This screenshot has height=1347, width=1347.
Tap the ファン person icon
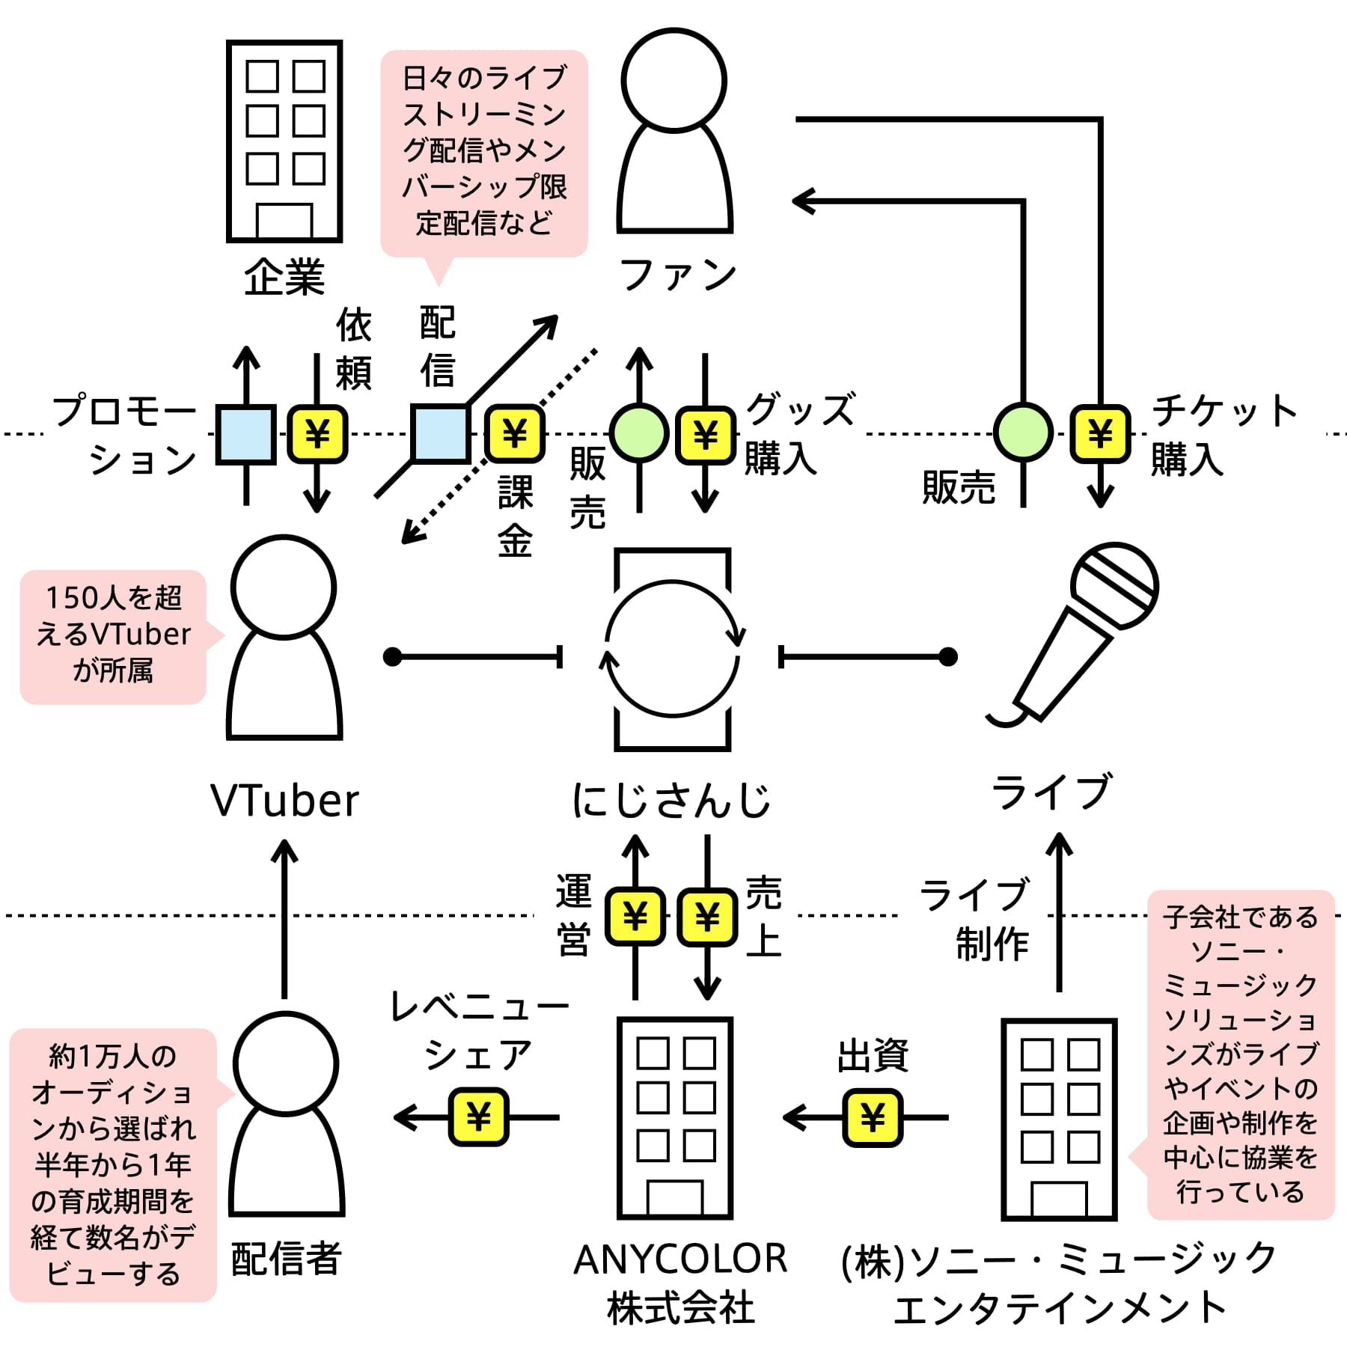click(674, 131)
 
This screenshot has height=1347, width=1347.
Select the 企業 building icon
click(284, 141)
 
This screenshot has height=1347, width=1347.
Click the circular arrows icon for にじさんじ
click(672, 649)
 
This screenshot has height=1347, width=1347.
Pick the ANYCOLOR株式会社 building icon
click(674, 1118)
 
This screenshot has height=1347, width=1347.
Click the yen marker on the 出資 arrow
click(872, 1118)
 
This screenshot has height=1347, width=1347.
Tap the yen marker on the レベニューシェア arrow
click(478, 1118)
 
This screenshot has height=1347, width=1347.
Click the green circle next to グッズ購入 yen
click(639, 433)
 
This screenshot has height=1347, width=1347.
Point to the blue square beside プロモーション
click(245, 435)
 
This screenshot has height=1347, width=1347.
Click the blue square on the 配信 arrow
click(441, 433)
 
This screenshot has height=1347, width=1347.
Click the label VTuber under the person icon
click(284, 801)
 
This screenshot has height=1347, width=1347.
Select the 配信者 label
click(286, 1258)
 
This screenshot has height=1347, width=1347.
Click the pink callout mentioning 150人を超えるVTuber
click(114, 637)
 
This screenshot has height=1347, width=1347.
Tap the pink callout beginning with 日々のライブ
click(484, 153)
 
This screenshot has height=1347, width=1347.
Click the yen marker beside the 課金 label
click(515, 433)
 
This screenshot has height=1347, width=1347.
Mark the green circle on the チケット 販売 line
click(1023, 433)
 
